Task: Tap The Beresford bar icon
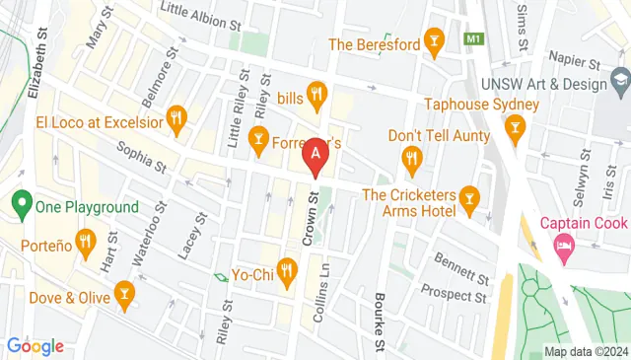click(x=432, y=41)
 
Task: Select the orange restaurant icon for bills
click(x=316, y=95)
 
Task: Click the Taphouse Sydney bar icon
click(x=514, y=126)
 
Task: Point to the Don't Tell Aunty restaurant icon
click(x=411, y=157)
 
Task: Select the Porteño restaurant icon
click(x=86, y=241)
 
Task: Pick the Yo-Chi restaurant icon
click(x=287, y=267)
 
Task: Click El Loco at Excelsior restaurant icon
click(x=176, y=121)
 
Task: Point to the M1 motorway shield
click(x=475, y=37)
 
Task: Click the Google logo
click(x=35, y=345)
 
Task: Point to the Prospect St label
click(x=455, y=293)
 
